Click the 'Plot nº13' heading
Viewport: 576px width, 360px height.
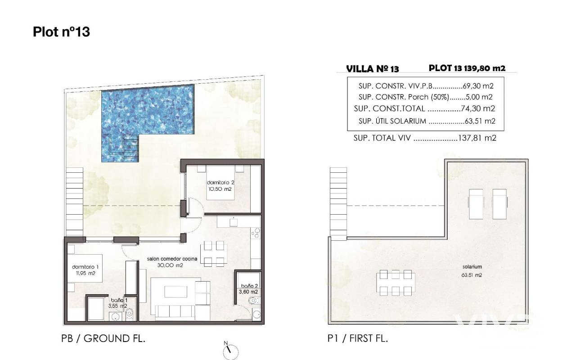(62, 32)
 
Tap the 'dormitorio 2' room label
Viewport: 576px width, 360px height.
(220, 183)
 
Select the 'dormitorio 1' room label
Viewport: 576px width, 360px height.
(85, 267)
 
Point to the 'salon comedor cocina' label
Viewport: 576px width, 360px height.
(172, 259)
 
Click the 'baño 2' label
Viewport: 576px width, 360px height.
(249, 286)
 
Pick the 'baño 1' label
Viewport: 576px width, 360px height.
(119, 300)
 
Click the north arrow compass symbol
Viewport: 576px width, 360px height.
(230, 351)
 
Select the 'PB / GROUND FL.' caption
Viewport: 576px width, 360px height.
(103, 338)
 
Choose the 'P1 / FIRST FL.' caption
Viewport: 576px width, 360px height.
(358, 338)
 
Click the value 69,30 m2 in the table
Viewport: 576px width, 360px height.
(478, 86)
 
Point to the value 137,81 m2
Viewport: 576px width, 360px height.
(477, 138)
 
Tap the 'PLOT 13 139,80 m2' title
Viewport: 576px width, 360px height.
(467, 68)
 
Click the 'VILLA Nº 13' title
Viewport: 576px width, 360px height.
(372, 69)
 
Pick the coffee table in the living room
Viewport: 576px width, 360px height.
(175, 292)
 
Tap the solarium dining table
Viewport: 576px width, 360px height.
(396, 283)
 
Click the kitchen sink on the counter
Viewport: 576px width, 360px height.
(234, 222)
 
